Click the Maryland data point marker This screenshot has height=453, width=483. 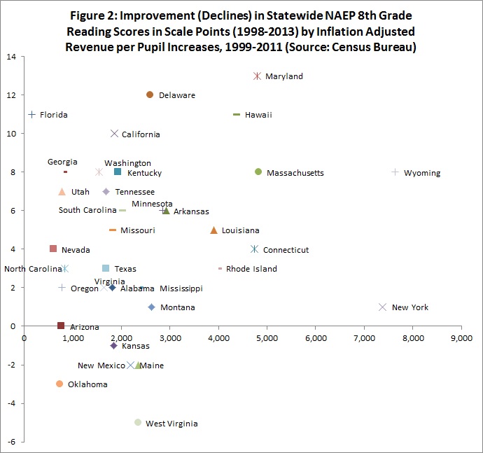coord(257,76)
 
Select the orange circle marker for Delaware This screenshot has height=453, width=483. coord(150,95)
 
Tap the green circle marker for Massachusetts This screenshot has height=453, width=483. coord(258,172)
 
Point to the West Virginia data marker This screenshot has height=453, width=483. coord(138,422)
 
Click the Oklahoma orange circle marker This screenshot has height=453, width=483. coord(59,384)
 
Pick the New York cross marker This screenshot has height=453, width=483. coord(382,307)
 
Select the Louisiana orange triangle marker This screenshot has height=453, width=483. coord(213,230)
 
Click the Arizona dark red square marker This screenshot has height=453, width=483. coord(61,326)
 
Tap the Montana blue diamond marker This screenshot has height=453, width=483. coord(151,307)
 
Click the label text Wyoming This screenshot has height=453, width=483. coord(422,173)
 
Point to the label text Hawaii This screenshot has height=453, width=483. coord(258,115)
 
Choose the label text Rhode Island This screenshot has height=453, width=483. coord(251,269)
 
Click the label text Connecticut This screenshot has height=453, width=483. coord(286,250)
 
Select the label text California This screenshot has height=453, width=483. coord(141,134)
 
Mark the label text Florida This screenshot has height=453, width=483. coord(54,115)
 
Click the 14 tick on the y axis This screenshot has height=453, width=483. coord(12,57)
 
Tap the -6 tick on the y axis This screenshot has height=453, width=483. coord(12,442)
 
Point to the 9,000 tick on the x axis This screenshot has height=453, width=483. coord(461,338)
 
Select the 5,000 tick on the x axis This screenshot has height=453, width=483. coord(267,338)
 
